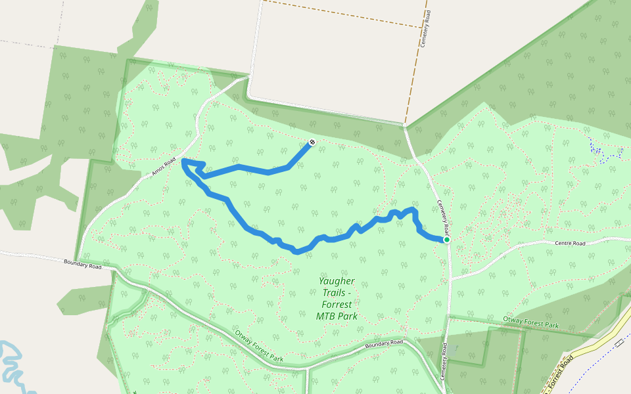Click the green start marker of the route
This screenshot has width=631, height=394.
coord(446,240)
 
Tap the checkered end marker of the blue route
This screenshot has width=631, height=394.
coord(312,142)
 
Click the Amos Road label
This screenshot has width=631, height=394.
coord(163,167)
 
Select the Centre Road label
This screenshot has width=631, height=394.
coord(569,243)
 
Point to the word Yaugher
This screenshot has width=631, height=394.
coord(337,280)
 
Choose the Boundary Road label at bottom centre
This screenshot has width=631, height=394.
coord(384,343)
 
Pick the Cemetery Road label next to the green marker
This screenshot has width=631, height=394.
coord(444,219)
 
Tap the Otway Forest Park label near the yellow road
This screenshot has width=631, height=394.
coord(530,322)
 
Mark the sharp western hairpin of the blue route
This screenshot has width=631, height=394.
coord(183,161)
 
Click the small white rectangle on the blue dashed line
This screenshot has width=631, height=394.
coord(619,343)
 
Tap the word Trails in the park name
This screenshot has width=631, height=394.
coord(334,292)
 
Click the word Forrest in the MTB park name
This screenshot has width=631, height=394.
coord(337,304)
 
